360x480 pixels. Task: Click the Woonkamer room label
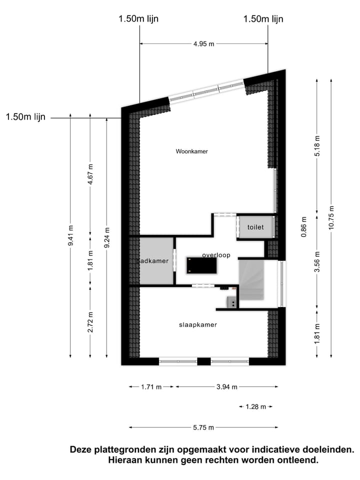tap(191, 151)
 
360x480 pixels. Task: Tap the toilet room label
tap(255, 227)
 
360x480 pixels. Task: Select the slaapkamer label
tap(198, 325)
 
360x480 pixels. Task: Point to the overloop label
tap(216, 255)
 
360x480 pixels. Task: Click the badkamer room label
tap(153, 261)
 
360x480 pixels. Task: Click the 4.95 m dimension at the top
tap(203, 44)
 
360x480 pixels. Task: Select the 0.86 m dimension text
tap(303, 226)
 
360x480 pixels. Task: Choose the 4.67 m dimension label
tap(90, 175)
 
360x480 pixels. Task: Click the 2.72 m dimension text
tap(90, 322)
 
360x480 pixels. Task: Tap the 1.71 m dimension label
tap(151, 387)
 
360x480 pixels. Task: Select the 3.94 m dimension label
tap(226, 387)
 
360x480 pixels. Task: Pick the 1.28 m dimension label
tap(256, 407)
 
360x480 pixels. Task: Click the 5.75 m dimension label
tap(203, 427)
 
